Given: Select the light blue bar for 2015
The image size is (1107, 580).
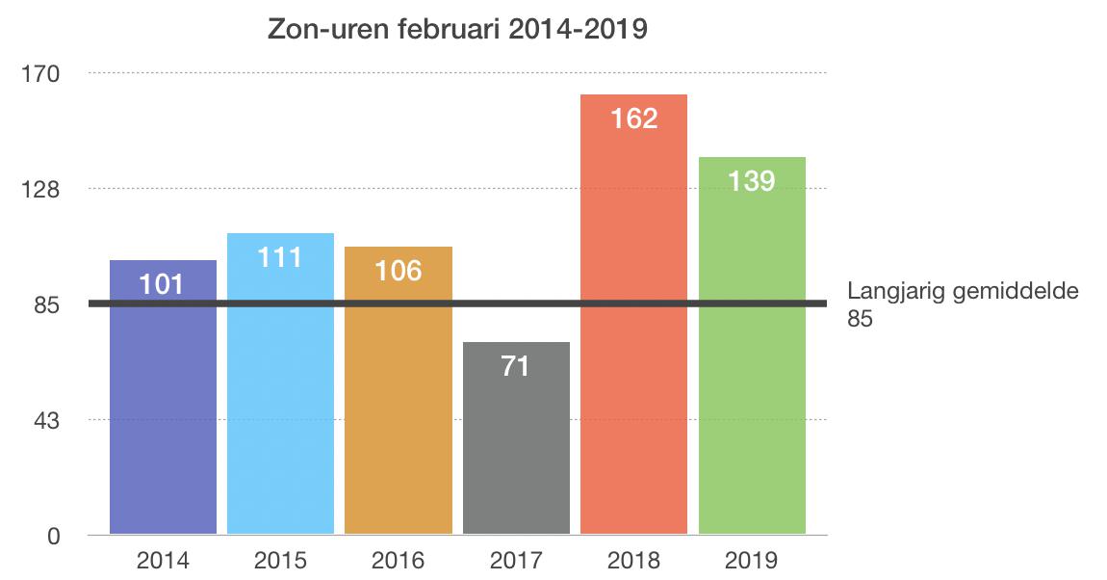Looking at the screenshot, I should pyautogui.click(x=280, y=405).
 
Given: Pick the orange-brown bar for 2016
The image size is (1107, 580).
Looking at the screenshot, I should pyautogui.click(x=399, y=414).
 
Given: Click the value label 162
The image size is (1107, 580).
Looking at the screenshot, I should pyautogui.click(x=634, y=119).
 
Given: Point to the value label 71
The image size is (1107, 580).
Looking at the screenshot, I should pyautogui.click(x=516, y=366).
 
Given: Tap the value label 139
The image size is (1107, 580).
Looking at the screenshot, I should pyautogui.click(x=752, y=180).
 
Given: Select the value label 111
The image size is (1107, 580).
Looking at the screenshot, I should pyautogui.click(x=280, y=257).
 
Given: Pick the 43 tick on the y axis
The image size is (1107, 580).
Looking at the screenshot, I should pyautogui.click(x=48, y=421).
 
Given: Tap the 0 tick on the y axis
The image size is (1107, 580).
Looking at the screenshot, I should pyautogui.click(x=54, y=537).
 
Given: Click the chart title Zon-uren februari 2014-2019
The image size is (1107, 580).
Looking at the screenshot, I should pyautogui.click(x=457, y=30).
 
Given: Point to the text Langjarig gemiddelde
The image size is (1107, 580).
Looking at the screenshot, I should pyautogui.click(x=963, y=293).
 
